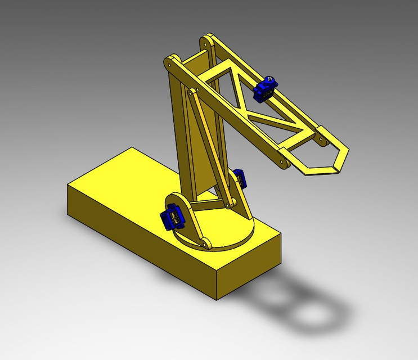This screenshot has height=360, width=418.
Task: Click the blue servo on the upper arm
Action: click(x=266, y=89)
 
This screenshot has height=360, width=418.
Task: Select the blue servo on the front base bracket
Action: click(x=172, y=217)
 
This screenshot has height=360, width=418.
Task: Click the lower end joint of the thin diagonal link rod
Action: click(x=230, y=205)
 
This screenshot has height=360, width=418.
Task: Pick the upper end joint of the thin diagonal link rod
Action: click(x=193, y=92)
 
